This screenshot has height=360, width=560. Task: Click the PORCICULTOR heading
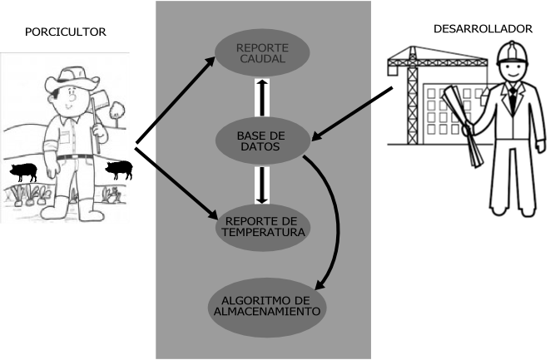click(x=66, y=32)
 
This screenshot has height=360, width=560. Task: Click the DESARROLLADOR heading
click(x=483, y=29)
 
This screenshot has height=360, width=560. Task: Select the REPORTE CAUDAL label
click(x=261, y=54)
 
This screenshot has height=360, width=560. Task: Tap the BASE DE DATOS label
click(x=261, y=141)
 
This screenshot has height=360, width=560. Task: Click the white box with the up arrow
click(x=262, y=98)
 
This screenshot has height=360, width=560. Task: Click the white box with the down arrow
click(x=262, y=185)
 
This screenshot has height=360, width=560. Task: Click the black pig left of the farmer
click(x=24, y=172)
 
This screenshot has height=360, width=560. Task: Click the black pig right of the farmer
click(x=119, y=170)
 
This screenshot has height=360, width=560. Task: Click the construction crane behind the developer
click(x=412, y=91)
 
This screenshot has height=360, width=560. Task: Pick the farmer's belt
click(x=75, y=156)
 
